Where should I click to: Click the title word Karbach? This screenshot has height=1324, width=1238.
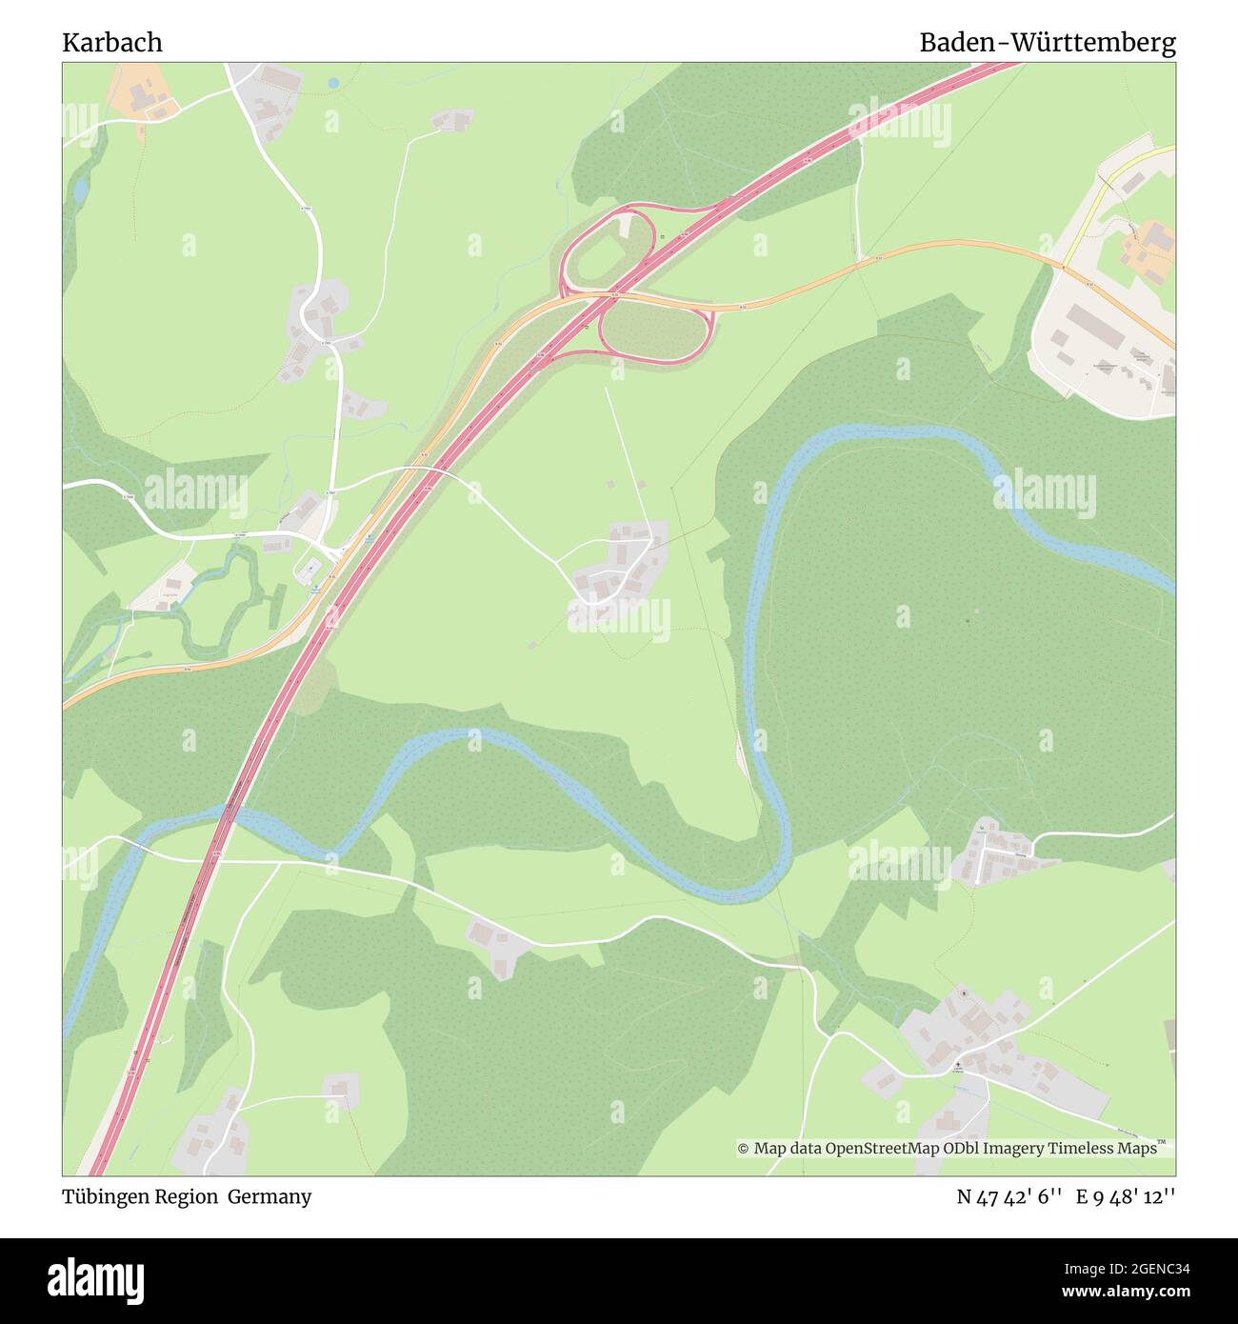(112, 43)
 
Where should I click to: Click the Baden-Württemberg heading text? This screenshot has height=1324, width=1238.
(1047, 43)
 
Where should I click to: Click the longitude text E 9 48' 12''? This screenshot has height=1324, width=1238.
(1126, 1196)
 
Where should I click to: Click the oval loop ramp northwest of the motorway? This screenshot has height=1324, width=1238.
(607, 247)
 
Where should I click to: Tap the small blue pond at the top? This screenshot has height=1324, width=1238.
(332, 84)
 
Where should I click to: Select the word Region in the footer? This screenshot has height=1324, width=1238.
(190, 1196)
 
